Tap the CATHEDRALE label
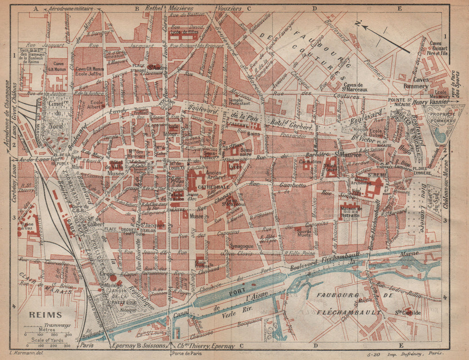point(213,186)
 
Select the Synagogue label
point(242,246)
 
